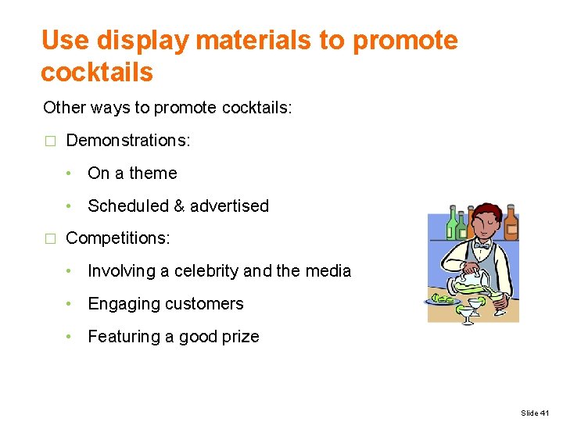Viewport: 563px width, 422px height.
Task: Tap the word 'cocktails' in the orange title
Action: (97, 72)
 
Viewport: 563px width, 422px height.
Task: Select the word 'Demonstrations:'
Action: (128, 141)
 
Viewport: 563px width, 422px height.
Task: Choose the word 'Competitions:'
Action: (117, 238)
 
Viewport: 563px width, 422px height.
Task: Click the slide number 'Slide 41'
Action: (535, 413)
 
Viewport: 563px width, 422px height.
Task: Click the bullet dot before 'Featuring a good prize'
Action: (70, 337)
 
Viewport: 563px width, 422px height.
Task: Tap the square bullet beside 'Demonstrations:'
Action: (49, 141)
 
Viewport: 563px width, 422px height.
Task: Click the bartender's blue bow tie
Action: (482, 245)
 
